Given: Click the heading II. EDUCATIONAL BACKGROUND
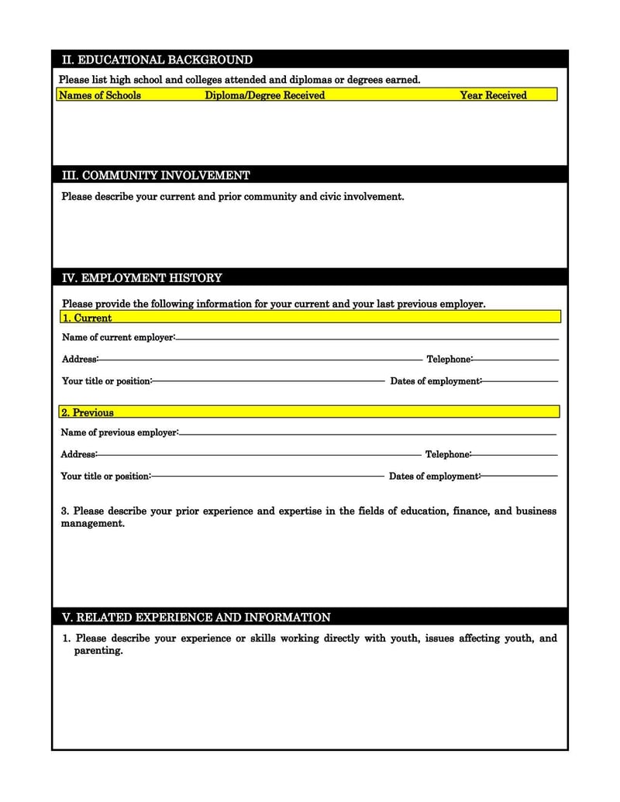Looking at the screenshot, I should [x=157, y=60].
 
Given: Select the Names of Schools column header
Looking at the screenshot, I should [x=100, y=95].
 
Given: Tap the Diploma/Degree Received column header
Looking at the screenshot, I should [x=264, y=95].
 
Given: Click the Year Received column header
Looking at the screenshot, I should [x=493, y=95].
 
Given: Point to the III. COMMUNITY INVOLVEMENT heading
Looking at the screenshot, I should [x=156, y=175].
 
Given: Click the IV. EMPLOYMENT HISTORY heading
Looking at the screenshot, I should [x=142, y=277].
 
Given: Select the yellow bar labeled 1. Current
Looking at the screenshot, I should [x=310, y=318].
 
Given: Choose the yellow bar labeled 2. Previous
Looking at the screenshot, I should [x=310, y=412].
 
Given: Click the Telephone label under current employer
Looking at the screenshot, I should [x=449, y=360].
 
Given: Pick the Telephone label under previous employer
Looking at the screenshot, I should [x=447, y=455].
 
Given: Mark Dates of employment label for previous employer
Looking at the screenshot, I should [x=434, y=476].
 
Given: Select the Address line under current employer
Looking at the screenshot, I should [x=260, y=360].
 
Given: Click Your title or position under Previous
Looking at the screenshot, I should [x=105, y=476].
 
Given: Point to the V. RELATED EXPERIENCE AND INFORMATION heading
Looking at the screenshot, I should [x=196, y=618].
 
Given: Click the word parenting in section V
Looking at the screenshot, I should [x=98, y=651].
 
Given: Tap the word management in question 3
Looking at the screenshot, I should [x=92, y=524].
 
